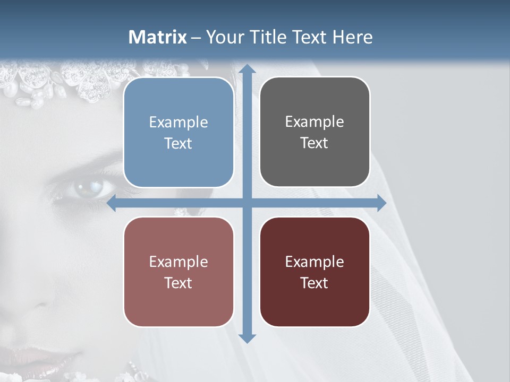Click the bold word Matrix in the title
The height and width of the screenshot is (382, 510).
158,37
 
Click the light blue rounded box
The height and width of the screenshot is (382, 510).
178,133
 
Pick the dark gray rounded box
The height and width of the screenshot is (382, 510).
314,132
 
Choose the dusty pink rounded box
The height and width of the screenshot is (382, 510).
178,272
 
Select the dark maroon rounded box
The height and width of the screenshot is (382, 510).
314,272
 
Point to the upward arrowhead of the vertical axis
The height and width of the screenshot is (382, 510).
247,69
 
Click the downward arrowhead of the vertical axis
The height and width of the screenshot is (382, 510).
247,337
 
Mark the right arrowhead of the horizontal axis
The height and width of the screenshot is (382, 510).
381,203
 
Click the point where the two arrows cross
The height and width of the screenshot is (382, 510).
247,203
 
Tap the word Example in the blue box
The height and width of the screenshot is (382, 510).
178,123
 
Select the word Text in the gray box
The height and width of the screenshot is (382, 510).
314,143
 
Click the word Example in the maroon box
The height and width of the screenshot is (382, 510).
314,262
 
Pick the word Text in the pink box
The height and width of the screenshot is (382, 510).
178,283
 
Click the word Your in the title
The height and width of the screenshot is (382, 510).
223,37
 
